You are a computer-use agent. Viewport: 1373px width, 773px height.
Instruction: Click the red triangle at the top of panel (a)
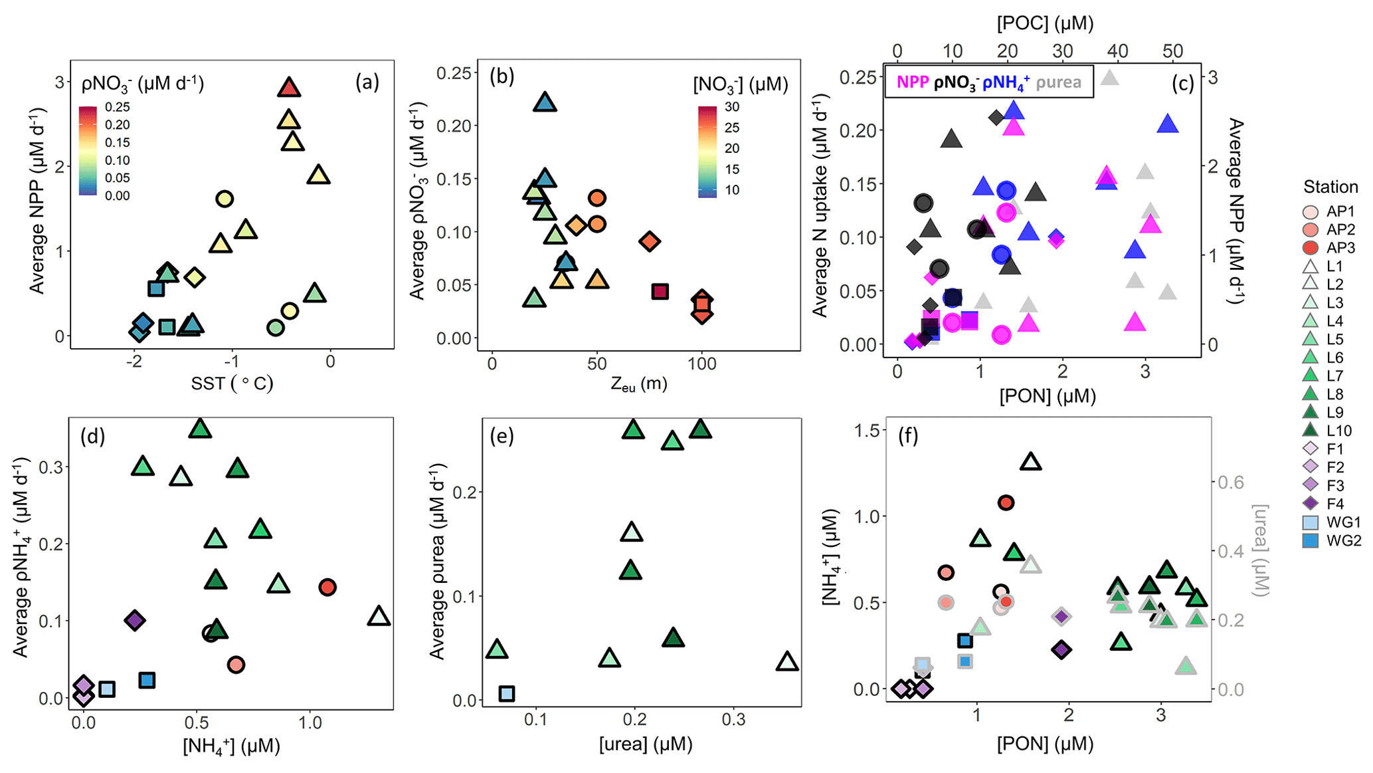click(x=288, y=87)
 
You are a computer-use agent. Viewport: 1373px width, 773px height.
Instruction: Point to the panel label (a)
click(x=367, y=82)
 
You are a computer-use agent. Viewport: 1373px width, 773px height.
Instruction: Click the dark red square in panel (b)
click(x=660, y=291)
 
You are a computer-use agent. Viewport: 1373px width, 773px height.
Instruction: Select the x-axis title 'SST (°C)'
click(x=232, y=383)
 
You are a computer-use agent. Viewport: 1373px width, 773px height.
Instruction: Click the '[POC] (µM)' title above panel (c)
click(x=1044, y=23)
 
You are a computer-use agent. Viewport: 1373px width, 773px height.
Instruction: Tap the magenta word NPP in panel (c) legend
click(x=913, y=82)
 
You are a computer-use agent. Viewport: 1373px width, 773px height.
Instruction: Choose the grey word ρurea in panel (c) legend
click(x=1059, y=82)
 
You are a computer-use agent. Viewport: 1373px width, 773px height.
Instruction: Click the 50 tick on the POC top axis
click(x=1172, y=51)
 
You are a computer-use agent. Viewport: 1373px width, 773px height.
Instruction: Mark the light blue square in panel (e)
click(x=506, y=693)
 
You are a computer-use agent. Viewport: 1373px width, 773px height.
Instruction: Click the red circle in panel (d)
click(x=327, y=587)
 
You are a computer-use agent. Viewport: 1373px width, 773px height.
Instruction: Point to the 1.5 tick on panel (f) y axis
click(x=865, y=431)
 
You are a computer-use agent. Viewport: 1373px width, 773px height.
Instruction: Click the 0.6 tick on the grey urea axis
click(x=1230, y=483)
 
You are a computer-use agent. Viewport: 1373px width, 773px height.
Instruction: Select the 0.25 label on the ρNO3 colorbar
click(x=117, y=107)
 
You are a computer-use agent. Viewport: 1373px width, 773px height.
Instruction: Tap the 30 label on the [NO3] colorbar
click(x=731, y=107)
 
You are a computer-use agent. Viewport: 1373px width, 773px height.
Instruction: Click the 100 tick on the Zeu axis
click(x=701, y=364)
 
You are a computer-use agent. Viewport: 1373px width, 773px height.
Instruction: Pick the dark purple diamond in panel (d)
click(x=135, y=620)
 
